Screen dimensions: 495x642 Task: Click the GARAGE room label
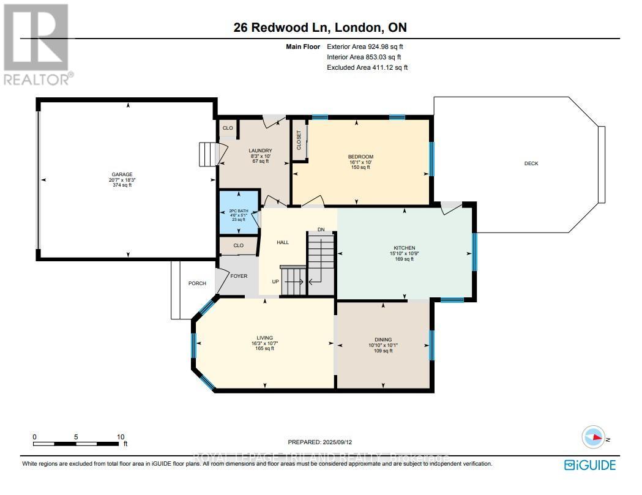pyautogui.click(x=122, y=174)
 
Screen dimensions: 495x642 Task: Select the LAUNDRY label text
pyautogui.click(x=260, y=151)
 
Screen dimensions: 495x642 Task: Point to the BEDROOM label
pyautogui.click(x=360, y=157)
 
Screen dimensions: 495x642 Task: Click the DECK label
pyautogui.click(x=531, y=163)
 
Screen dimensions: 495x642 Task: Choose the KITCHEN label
pyautogui.click(x=405, y=248)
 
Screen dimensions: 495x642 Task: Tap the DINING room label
pyautogui.click(x=383, y=340)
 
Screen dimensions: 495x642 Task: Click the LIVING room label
pyautogui.click(x=265, y=338)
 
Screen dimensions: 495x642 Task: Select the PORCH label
pyautogui.click(x=197, y=283)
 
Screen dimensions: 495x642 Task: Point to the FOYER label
pyautogui.click(x=239, y=276)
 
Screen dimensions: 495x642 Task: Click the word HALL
pyautogui.click(x=282, y=242)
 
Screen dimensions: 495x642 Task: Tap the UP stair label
pyautogui.click(x=276, y=281)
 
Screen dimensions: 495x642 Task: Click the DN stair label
pyautogui.click(x=321, y=229)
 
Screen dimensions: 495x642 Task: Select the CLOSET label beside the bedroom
pyautogui.click(x=299, y=140)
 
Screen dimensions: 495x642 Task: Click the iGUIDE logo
pyautogui.click(x=589, y=465)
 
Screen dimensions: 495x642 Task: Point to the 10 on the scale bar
pyautogui.click(x=121, y=436)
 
